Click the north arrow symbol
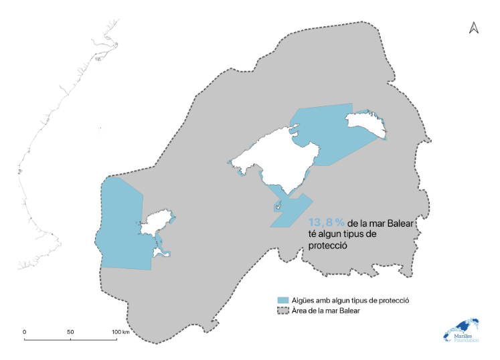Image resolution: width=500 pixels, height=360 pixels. (473, 27)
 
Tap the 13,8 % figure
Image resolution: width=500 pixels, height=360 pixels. (326, 222)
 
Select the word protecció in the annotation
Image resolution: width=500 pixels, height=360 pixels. (331, 245)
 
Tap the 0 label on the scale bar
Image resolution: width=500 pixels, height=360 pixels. (25, 332)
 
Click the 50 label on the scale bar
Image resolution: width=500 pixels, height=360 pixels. (70, 332)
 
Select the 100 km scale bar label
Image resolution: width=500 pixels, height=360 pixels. (120, 332)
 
